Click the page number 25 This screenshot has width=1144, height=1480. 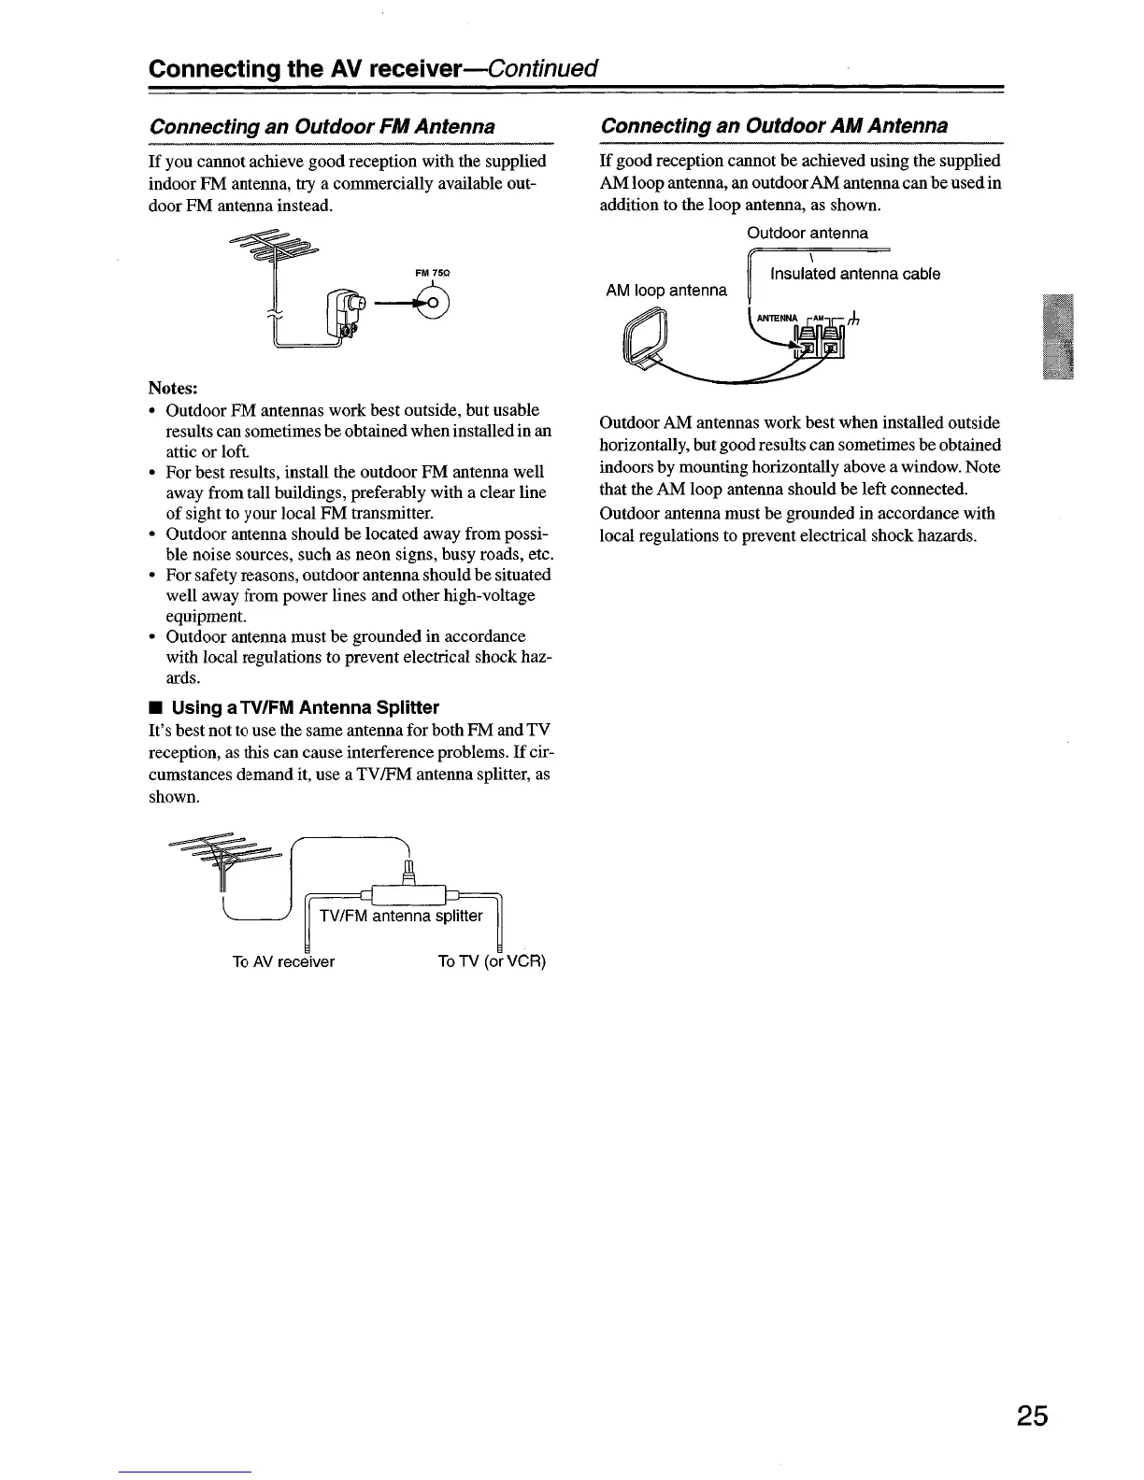[x=1033, y=1416]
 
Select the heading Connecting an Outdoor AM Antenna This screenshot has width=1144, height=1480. [x=774, y=126]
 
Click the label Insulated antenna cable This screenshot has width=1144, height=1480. [x=854, y=274]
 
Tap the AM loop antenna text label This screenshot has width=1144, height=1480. [x=665, y=291]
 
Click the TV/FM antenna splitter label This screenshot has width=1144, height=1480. [x=401, y=916]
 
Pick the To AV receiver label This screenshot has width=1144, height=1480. [x=282, y=961]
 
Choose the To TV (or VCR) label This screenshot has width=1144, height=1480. [x=492, y=961]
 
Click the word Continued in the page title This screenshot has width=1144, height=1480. [x=545, y=68]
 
